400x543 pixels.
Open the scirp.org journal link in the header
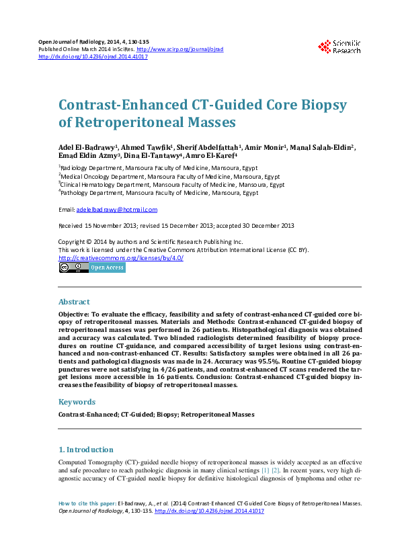click(x=180, y=50)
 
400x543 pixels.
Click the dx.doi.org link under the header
click(x=93, y=57)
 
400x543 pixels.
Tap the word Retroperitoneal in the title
click(x=127, y=123)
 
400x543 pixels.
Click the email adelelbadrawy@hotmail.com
click(x=116, y=210)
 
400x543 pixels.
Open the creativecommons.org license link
click(x=121, y=258)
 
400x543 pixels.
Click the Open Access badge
click(x=107, y=267)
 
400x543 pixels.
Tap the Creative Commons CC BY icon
click(x=73, y=267)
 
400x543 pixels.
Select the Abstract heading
click(x=74, y=302)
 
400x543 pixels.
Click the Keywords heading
click(x=77, y=402)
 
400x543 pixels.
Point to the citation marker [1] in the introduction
click(x=264, y=472)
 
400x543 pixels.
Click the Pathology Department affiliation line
click(x=159, y=192)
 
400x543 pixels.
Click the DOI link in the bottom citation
click(x=209, y=511)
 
